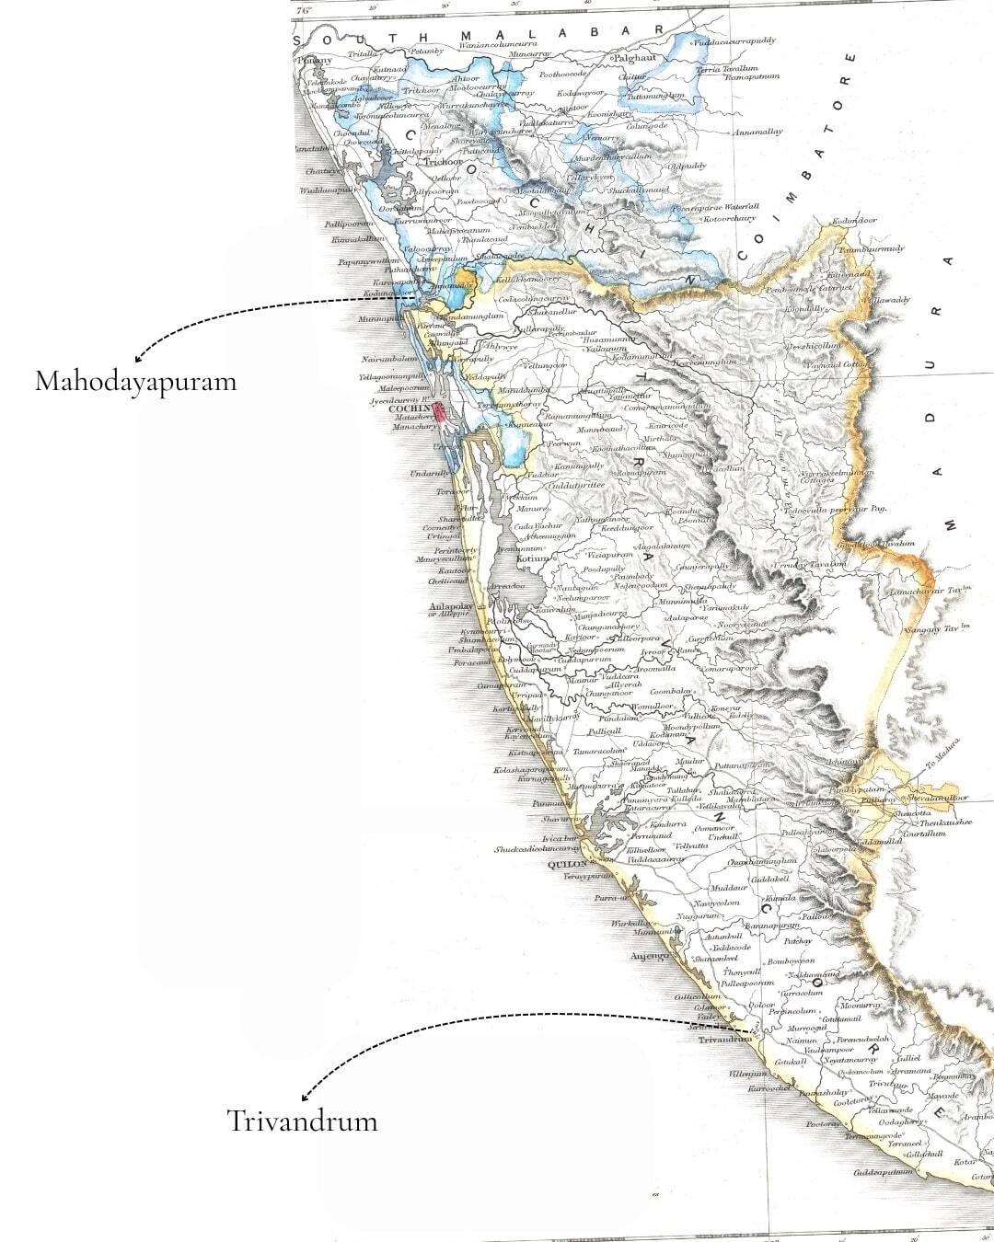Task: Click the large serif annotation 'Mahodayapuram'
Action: tap(135, 382)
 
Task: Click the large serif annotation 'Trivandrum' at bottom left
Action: tap(302, 1121)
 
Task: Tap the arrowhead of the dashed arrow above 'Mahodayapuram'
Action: tap(137, 360)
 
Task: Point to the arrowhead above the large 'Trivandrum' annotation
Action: tap(304, 1098)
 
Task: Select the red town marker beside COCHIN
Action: tap(440, 412)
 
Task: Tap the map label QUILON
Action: tap(567, 866)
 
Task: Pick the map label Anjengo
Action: tap(649, 956)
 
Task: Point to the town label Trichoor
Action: tap(444, 162)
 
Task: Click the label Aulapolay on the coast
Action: tap(451, 607)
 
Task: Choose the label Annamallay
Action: tap(757, 132)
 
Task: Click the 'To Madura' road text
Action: tap(942, 759)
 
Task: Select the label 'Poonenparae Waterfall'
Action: tap(715, 208)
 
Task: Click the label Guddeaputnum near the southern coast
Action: tap(883, 1172)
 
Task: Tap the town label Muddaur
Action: tap(728, 889)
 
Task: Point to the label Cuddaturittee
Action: tap(576, 485)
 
